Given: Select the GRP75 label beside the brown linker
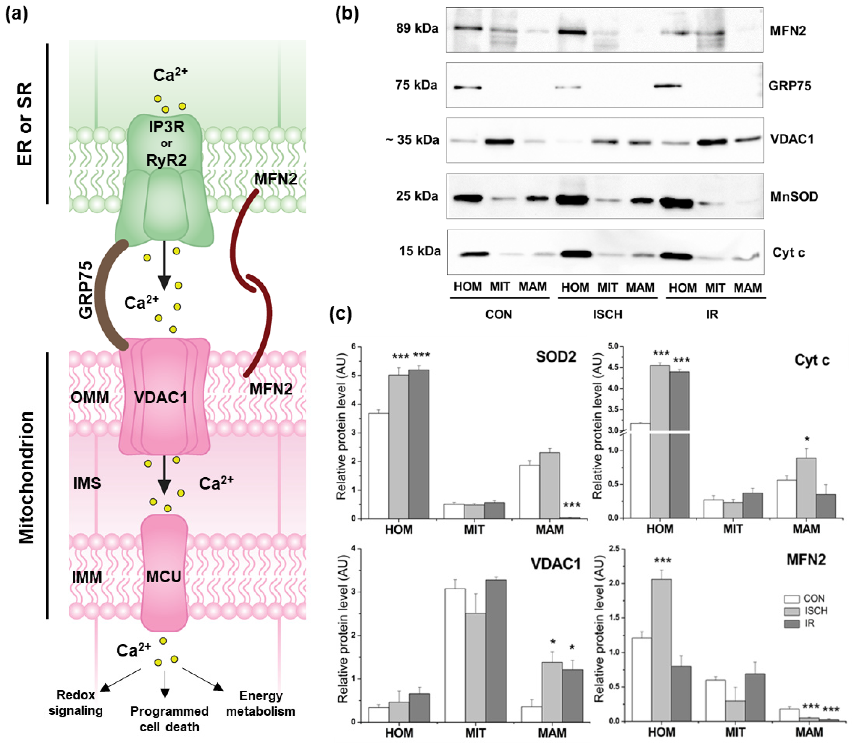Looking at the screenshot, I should (86, 290).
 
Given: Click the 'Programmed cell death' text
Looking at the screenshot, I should (169, 718).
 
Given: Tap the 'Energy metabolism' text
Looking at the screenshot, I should (261, 703).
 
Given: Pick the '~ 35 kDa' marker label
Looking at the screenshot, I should (412, 140).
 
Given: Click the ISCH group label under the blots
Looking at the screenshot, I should (607, 314).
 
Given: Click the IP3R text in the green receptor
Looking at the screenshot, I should (166, 127).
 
